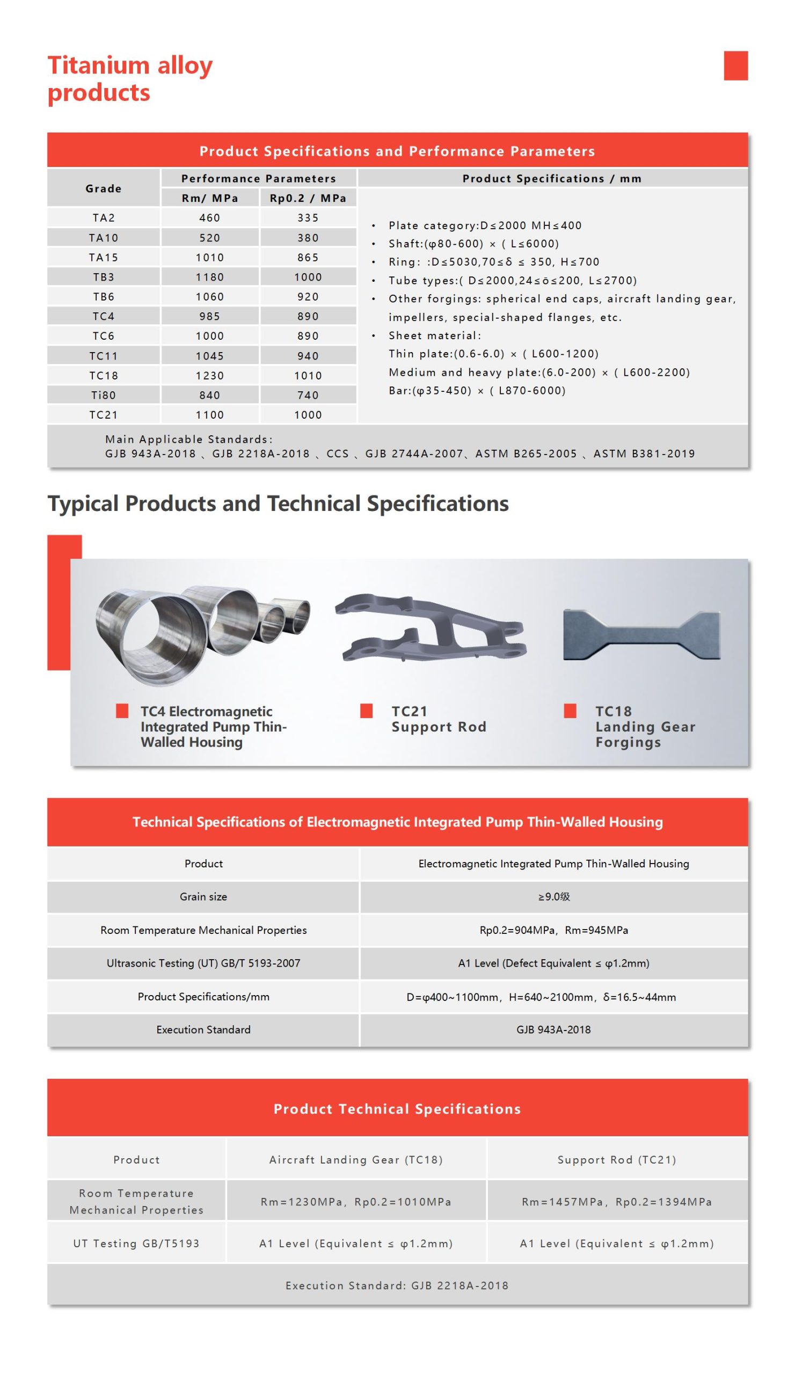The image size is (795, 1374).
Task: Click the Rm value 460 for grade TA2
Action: pyautogui.click(x=209, y=217)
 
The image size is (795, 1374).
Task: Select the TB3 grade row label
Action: pyautogui.click(x=104, y=277)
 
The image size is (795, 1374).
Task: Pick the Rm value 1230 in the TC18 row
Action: pyautogui.click(x=209, y=376)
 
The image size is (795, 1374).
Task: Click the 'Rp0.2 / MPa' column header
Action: pyautogui.click(x=308, y=198)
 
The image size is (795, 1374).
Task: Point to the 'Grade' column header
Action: pyautogui.click(x=104, y=188)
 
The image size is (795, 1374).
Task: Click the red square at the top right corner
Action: pyautogui.click(x=735, y=65)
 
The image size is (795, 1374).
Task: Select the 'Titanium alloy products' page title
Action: pyautogui.click(x=130, y=78)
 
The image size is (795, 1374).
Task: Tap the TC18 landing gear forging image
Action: pyautogui.click(x=641, y=634)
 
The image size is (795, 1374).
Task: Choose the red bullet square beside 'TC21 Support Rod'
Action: pyautogui.click(x=367, y=711)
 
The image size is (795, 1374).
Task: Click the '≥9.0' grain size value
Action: pyautogui.click(x=553, y=897)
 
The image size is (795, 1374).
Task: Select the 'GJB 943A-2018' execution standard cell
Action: pyautogui.click(x=553, y=1030)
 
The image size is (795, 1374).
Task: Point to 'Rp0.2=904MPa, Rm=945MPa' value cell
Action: pyautogui.click(x=553, y=930)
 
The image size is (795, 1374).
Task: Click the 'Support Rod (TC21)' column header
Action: pyautogui.click(x=617, y=1160)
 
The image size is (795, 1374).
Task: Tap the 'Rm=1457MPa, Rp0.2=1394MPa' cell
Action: pyautogui.click(x=617, y=1202)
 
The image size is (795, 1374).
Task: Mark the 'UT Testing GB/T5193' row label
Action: pyautogui.click(x=136, y=1244)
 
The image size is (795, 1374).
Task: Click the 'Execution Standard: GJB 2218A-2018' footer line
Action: pyautogui.click(x=397, y=1285)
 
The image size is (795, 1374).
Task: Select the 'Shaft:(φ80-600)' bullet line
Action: pyautogui.click(x=473, y=244)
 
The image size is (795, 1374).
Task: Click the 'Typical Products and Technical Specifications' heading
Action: pyautogui.click(x=278, y=503)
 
